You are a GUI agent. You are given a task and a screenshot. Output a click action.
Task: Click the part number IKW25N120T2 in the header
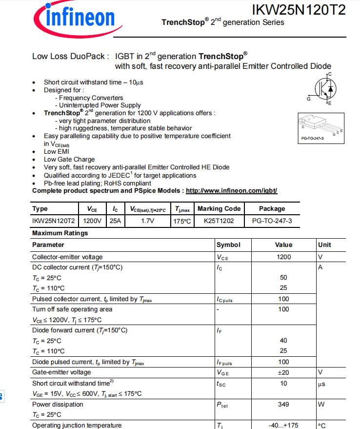299,9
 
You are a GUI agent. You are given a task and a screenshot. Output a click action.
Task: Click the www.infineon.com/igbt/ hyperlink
231,191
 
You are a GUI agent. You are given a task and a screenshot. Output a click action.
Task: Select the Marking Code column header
219,209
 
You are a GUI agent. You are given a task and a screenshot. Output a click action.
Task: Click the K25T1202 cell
219,221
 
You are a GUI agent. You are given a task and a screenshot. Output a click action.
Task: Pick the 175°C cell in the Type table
182,221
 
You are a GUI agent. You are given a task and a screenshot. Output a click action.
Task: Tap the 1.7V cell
147,221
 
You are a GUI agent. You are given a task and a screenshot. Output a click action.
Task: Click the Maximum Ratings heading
60,233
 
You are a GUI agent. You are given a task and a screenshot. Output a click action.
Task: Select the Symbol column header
228,245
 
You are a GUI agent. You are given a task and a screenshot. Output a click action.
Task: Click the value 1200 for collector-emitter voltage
283,257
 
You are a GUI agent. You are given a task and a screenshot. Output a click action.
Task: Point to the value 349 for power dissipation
283,404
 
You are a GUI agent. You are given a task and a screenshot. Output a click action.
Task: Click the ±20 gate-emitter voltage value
283,372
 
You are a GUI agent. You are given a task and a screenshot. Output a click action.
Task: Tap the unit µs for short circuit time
322,384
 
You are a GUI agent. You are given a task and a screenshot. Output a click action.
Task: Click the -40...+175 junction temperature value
283,425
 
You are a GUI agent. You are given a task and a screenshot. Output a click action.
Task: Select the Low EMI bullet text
57,152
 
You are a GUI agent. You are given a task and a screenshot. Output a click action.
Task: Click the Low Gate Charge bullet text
69,160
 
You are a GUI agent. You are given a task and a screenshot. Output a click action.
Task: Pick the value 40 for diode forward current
283,341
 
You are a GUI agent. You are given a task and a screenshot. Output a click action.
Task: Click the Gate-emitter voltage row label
61,372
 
